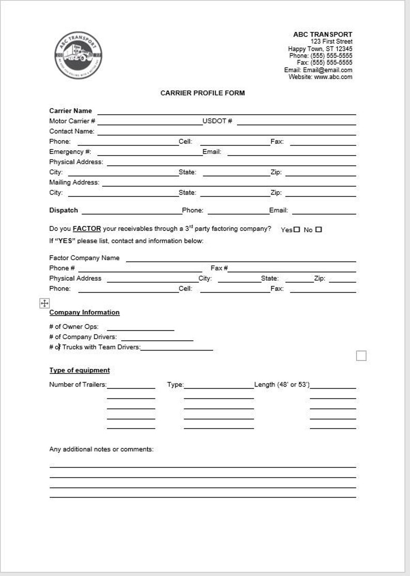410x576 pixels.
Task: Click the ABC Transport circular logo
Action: (78, 55)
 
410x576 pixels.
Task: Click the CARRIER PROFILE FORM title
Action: (202, 93)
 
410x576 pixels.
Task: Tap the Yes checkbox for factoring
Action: (297, 230)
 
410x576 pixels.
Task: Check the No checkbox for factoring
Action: (319, 230)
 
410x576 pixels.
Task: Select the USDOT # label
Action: (217, 121)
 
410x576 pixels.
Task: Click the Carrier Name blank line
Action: (227, 111)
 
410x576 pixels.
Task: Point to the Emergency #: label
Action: (70, 152)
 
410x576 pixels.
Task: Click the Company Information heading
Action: (84, 312)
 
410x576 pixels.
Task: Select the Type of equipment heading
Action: (80, 370)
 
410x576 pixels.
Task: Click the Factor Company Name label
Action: (84, 258)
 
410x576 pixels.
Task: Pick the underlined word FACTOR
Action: (87, 229)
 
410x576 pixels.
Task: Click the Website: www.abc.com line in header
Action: (320, 77)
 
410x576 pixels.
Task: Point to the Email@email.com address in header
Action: (327, 70)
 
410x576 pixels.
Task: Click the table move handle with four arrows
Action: (44, 303)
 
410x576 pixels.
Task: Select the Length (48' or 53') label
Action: (282, 385)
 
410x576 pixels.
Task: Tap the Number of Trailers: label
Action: (78, 385)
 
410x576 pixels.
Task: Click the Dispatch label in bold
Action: (64, 210)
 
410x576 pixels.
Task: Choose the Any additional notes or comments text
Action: (101, 450)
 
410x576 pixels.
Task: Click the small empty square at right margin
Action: (361, 356)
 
